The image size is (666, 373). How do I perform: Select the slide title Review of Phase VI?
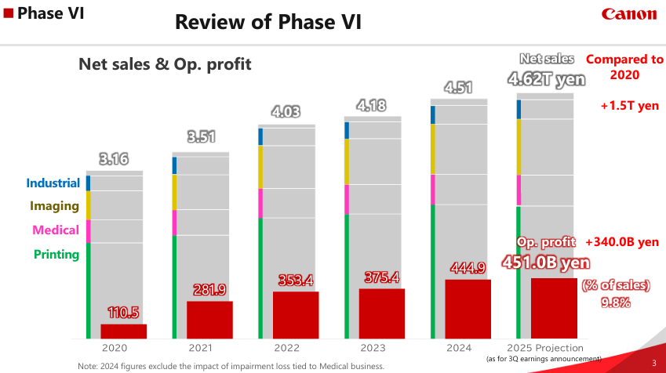click(268, 21)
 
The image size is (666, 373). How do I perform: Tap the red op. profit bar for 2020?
click(123, 331)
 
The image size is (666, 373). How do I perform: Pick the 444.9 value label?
click(468, 268)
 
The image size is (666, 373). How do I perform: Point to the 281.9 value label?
click(209, 290)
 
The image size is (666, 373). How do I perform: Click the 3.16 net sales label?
click(114, 160)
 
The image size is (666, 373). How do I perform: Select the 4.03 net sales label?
click(286, 112)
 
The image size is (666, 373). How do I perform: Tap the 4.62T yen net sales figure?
click(547, 78)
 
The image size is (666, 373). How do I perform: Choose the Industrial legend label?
click(53, 183)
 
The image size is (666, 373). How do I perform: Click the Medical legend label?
click(56, 230)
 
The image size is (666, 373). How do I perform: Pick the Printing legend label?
click(56, 254)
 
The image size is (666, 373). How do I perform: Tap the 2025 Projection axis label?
click(545, 348)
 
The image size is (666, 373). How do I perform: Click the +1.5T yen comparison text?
click(629, 106)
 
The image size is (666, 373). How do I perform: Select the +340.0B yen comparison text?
click(622, 241)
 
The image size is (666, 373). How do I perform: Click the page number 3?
click(654, 362)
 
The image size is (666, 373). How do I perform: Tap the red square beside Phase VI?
click(7, 13)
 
